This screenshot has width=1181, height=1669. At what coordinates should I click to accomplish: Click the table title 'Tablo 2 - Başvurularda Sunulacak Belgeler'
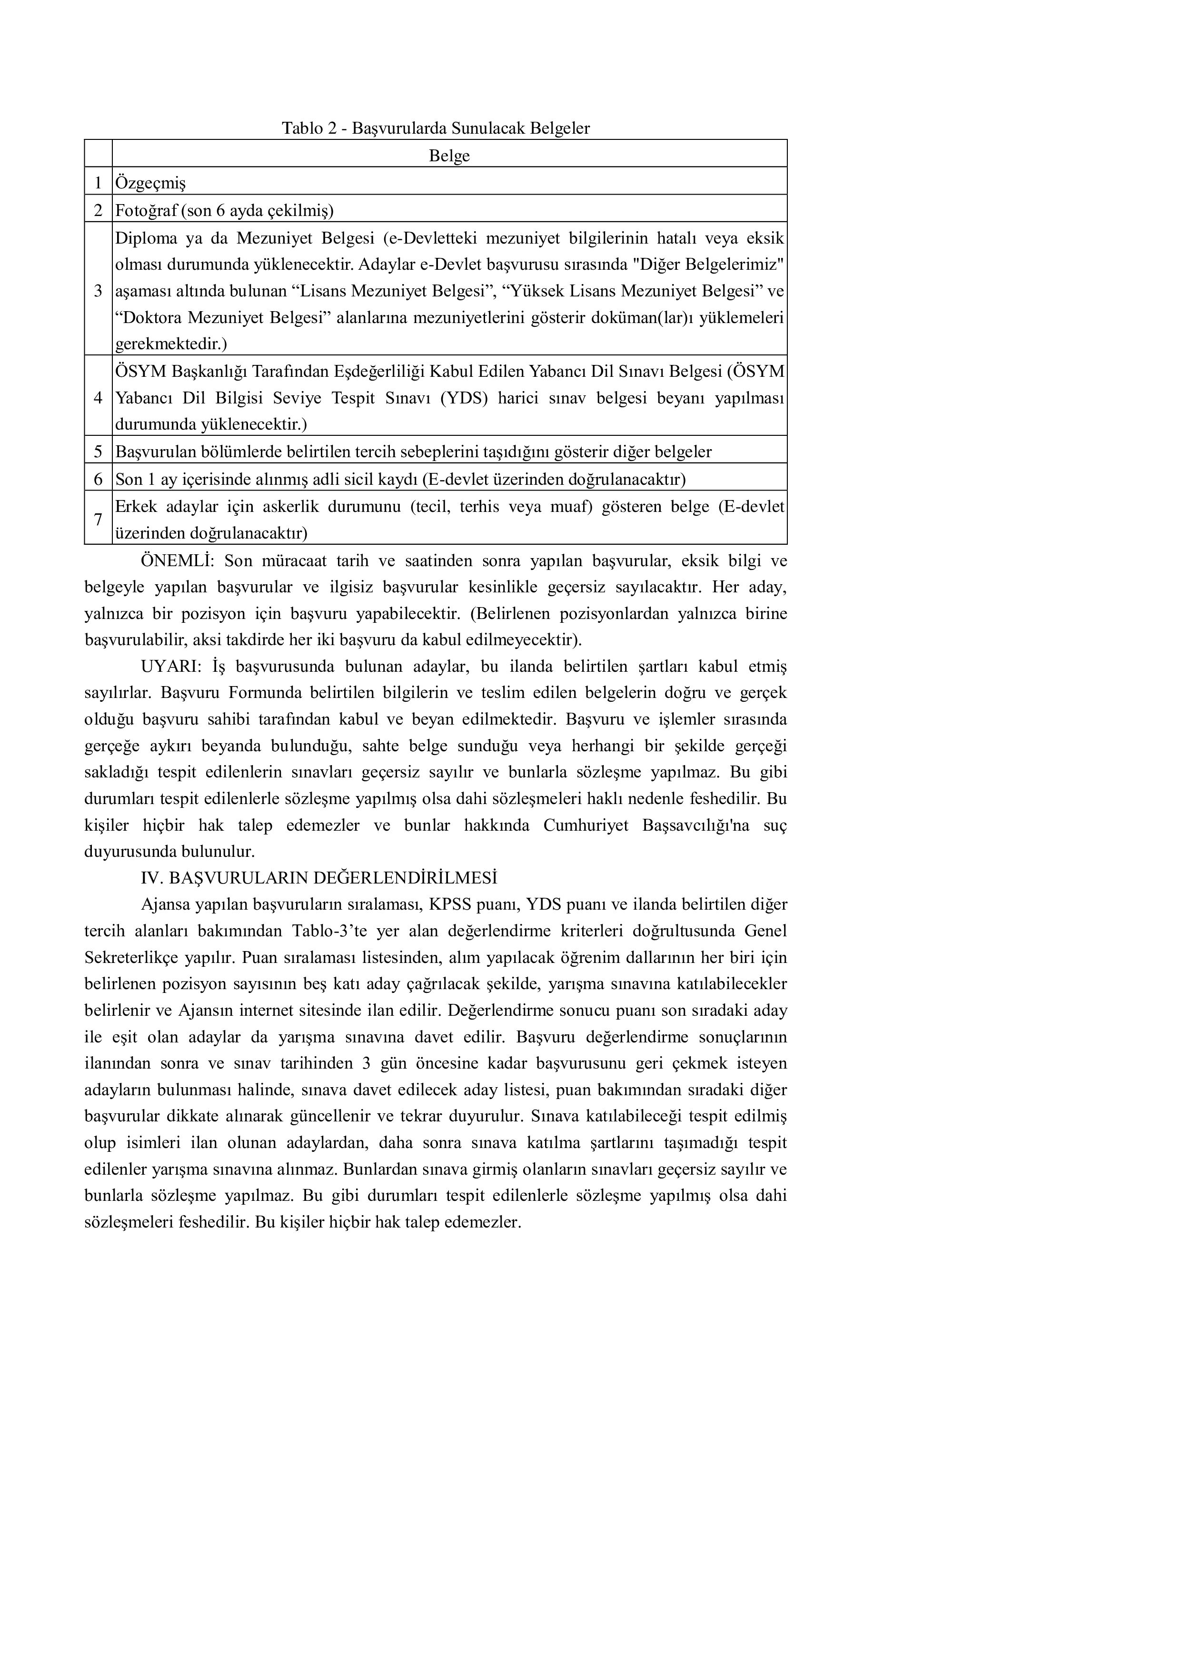coord(436,128)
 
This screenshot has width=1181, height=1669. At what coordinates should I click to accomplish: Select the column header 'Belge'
coord(449,156)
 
